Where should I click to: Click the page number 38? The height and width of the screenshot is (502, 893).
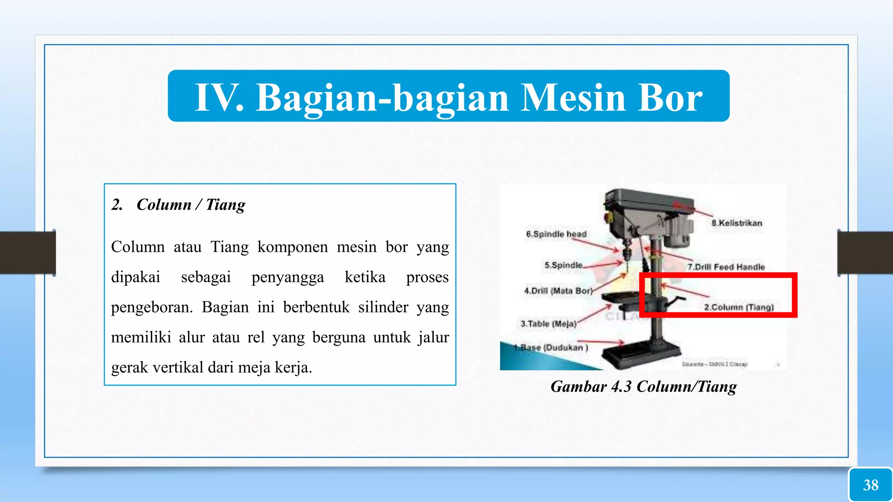click(x=870, y=485)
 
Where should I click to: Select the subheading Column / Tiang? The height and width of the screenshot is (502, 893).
click(x=191, y=204)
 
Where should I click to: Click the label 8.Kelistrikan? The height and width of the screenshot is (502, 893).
click(x=736, y=223)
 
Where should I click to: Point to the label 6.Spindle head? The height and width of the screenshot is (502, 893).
click(x=556, y=234)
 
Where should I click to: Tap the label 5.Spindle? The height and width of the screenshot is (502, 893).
click(x=563, y=265)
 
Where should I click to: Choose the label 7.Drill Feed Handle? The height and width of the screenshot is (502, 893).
click(x=726, y=267)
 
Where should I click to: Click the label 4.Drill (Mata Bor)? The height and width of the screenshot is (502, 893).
click(x=558, y=291)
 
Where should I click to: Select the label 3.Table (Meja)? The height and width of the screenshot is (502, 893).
click(x=548, y=324)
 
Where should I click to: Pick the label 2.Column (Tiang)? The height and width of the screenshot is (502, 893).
click(x=739, y=307)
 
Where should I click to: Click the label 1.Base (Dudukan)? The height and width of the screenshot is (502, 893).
click(x=550, y=347)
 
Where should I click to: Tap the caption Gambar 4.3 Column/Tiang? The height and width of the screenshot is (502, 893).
click(x=643, y=387)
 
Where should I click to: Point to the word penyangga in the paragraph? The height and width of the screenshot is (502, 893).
click(x=287, y=277)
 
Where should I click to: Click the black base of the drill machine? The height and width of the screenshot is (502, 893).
click(x=641, y=355)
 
